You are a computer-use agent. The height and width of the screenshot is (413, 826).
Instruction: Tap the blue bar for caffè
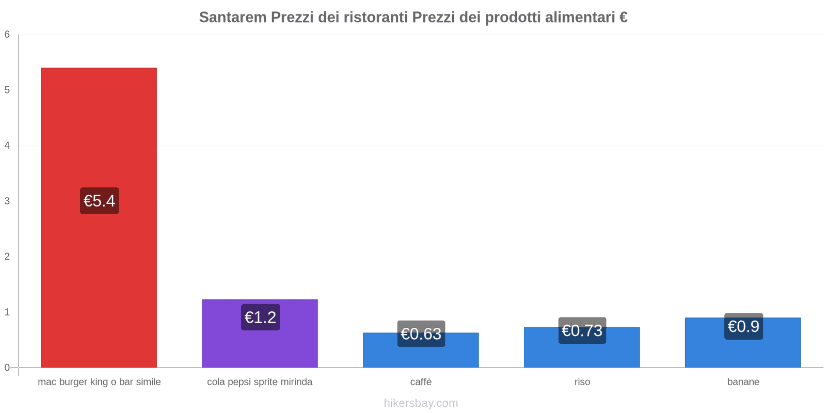(421, 356)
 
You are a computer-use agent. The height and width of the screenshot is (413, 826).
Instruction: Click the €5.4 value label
(99, 201)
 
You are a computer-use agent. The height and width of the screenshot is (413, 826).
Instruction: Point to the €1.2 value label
(260, 317)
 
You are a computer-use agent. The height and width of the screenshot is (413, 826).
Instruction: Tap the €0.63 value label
(421, 333)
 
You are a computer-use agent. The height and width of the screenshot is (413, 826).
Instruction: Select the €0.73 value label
(582, 330)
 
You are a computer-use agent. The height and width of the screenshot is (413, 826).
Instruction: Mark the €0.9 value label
(743, 326)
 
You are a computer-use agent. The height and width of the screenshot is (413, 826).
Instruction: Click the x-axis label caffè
(421, 382)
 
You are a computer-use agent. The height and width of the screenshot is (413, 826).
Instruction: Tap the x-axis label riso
(582, 382)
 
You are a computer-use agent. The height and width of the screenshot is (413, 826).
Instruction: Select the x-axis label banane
(743, 382)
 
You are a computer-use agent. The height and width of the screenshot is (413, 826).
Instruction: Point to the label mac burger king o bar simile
(99, 382)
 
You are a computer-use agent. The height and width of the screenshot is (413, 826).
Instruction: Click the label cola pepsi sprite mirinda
(260, 382)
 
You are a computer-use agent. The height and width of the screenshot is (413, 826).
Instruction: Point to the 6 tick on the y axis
(7, 35)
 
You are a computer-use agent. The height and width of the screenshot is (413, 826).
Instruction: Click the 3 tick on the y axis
(7, 201)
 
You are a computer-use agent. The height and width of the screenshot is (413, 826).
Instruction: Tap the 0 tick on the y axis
(7, 368)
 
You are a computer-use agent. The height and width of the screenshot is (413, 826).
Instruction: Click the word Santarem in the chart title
(232, 18)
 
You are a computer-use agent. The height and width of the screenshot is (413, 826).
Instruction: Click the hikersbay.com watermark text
(421, 403)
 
